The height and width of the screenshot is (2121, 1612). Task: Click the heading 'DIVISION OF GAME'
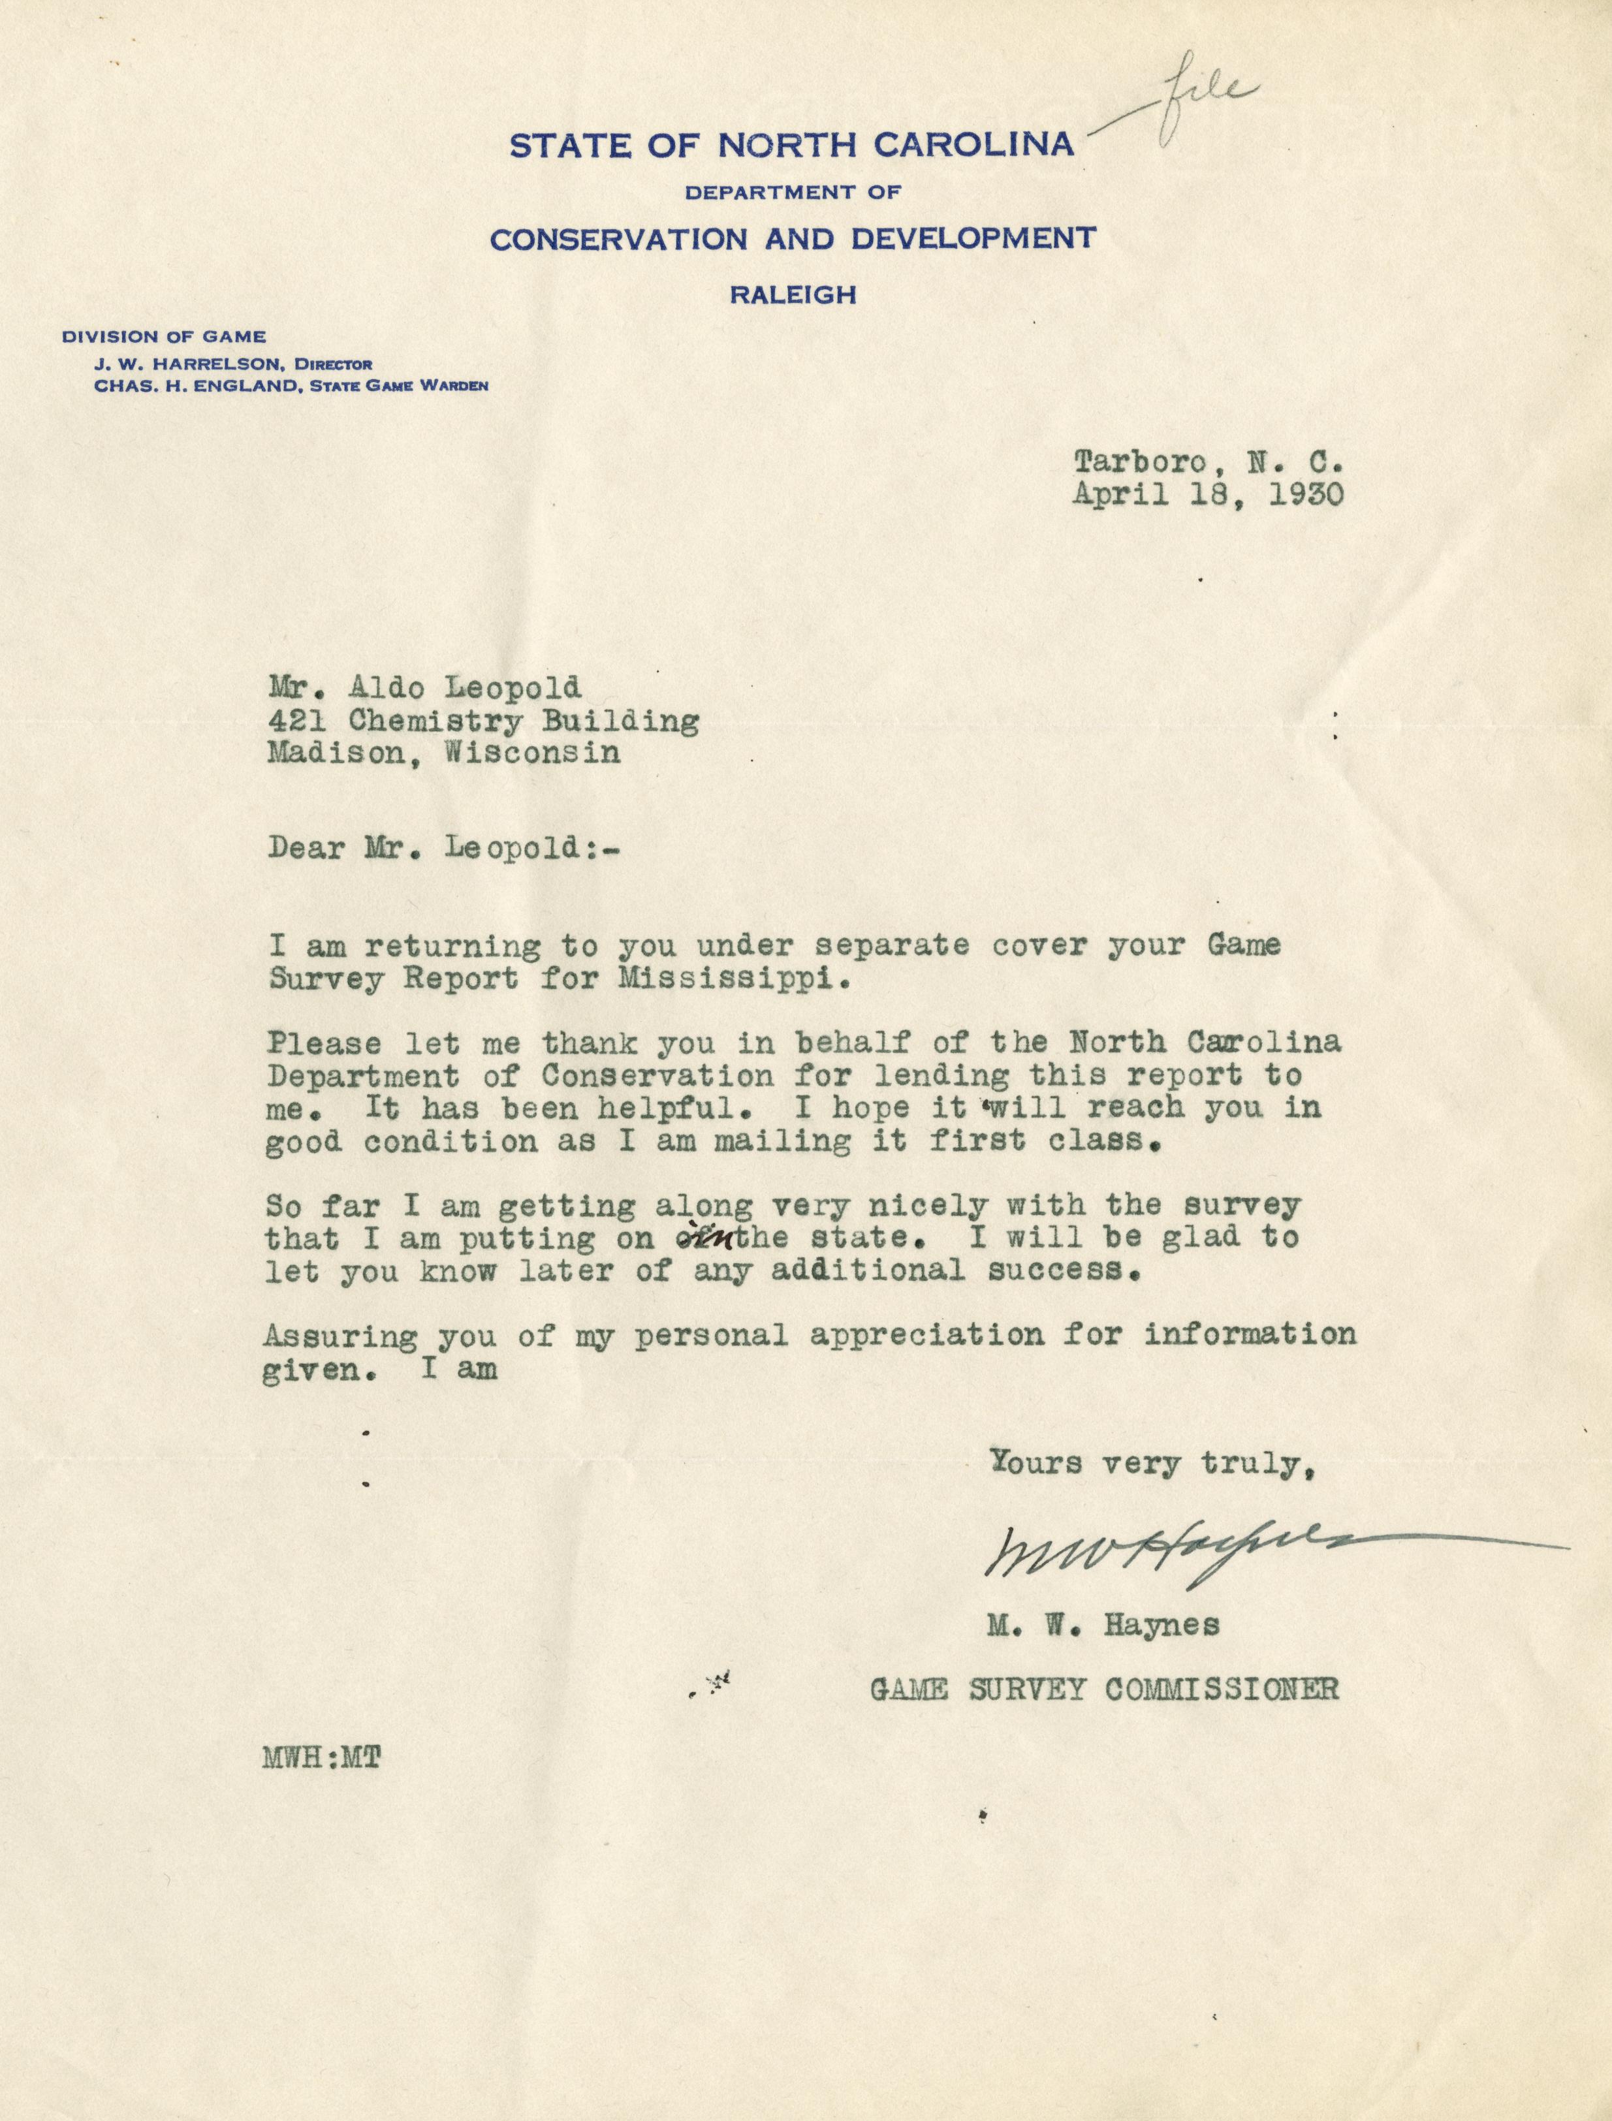(164, 337)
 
